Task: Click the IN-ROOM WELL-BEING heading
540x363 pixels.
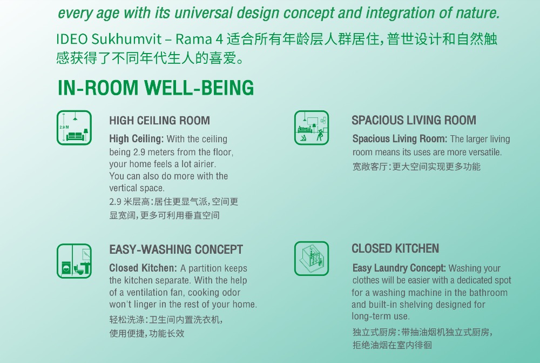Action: click(156, 88)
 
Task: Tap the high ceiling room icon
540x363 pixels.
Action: click(74, 128)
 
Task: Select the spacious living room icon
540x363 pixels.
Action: click(312, 128)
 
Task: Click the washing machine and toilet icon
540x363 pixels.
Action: click(74, 261)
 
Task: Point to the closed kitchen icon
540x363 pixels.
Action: click(312, 259)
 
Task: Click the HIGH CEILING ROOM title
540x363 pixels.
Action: click(159, 121)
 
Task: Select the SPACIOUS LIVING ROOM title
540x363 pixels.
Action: click(414, 120)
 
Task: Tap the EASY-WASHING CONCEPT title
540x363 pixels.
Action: click(176, 249)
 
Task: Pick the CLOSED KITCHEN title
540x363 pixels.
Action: click(395, 248)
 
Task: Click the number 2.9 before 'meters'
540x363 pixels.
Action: click(138, 152)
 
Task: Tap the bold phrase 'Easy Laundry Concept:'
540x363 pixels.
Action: click(399, 268)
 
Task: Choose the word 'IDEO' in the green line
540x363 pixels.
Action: click(72, 39)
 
